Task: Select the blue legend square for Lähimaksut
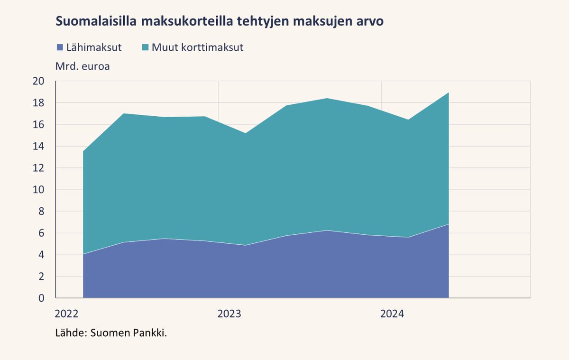point(60,47)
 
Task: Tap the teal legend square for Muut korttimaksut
point(146,47)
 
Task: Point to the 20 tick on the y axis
point(38,81)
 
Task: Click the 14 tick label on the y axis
point(38,147)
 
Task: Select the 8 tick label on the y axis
point(41,212)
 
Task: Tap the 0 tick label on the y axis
point(41,298)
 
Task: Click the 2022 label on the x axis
point(67,314)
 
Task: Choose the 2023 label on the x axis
point(229,314)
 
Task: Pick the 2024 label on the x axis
point(392,314)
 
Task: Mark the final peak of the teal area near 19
point(449,93)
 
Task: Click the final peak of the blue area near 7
point(449,225)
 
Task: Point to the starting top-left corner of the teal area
point(83,152)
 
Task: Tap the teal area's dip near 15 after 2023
point(246,133)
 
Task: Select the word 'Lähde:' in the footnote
point(71,333)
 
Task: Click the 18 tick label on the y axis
point(38,103)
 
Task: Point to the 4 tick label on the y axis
point(41,255)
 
